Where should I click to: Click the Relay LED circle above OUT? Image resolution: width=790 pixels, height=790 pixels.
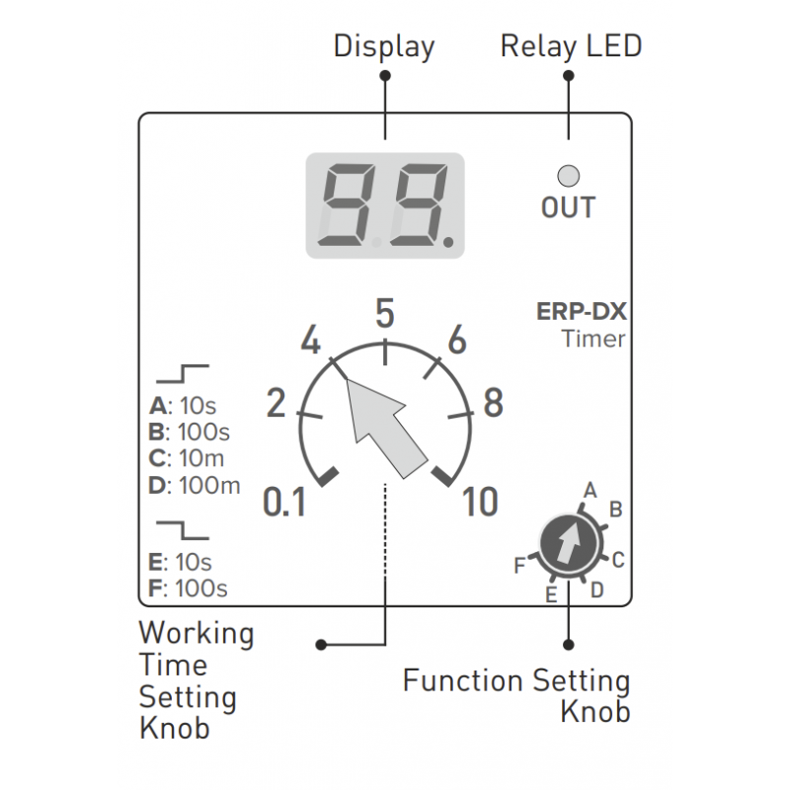click(x=568, y=176)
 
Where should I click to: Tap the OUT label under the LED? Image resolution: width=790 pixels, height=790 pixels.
click(x=568, y=207)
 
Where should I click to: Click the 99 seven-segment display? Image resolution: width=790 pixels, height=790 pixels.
click(x=385, y=205)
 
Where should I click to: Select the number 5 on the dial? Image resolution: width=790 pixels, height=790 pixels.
click(x=385, y=313)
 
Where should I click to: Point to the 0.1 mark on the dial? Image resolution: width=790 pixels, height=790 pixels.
click(x=284, y=504)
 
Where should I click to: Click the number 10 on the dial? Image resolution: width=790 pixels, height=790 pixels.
click(x=481, y=504)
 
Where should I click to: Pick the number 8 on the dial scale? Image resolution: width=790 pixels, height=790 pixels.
click(x=492, y=403)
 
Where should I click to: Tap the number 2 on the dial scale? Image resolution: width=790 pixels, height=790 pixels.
click(x=276, y=403)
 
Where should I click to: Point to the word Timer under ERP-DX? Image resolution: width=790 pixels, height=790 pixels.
click(x=593, y=339)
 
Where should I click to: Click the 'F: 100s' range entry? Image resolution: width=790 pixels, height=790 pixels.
click(x=188, y=590)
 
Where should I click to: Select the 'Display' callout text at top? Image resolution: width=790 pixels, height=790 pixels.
click(x=384, y=45)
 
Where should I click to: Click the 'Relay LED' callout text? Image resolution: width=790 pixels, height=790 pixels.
click(x=571, y=45)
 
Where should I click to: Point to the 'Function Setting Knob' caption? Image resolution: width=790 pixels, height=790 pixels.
click(x=516, y=695)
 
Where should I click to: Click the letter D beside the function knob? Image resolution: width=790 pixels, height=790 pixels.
click(x=597, y=590)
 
